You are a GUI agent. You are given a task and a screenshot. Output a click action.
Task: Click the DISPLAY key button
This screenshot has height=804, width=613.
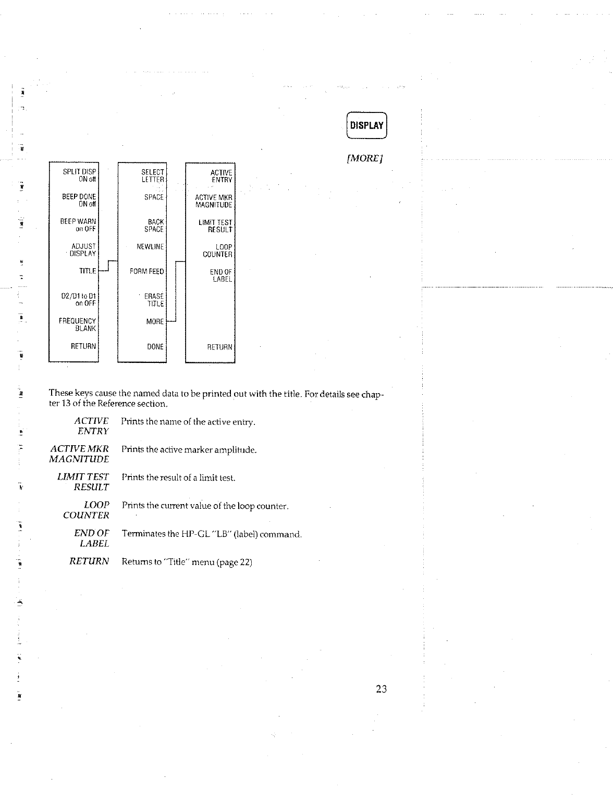click(367, 125)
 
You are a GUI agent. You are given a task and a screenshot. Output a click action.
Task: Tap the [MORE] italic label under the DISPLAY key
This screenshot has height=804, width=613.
click(365, 158)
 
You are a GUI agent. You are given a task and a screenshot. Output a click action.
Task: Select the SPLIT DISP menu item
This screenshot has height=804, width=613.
click(79, 175)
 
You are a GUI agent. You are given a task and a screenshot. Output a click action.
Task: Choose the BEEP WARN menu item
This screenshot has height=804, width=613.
click(79, 225)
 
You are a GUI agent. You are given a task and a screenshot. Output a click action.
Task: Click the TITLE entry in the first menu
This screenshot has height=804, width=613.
click(88, 271)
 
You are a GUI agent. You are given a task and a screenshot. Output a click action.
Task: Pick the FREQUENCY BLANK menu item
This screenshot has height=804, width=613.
click(78, 324)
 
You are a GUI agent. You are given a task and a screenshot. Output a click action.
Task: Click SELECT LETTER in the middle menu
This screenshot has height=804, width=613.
click(153, 175)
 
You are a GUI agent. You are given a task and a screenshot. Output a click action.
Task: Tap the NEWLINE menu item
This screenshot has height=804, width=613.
click(150, 246)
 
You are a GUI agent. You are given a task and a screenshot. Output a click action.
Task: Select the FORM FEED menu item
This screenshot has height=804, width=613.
click(146, 271)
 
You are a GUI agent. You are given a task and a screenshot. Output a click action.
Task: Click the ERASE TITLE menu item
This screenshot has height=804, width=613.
click(154, 300)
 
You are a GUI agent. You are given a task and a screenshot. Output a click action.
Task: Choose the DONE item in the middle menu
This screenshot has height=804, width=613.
click(155, 346)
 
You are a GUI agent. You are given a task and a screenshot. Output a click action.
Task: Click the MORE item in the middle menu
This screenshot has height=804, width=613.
click(155, 322)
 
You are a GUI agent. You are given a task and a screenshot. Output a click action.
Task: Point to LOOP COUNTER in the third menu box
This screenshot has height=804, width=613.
click(217, 250)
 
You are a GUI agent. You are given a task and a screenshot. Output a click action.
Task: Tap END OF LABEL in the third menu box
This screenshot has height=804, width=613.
click(221, 275)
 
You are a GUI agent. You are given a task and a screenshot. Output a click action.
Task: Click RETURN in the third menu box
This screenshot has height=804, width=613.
click(219, 347)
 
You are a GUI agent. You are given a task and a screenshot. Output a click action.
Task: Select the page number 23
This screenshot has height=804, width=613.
click(381, 689)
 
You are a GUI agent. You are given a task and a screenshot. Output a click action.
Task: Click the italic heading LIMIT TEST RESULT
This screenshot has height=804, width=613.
click(83, 482)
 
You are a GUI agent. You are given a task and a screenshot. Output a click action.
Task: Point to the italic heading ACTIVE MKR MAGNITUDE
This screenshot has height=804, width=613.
click(79, 454)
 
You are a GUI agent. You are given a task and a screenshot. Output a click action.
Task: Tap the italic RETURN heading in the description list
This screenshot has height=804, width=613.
click(89, 561)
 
